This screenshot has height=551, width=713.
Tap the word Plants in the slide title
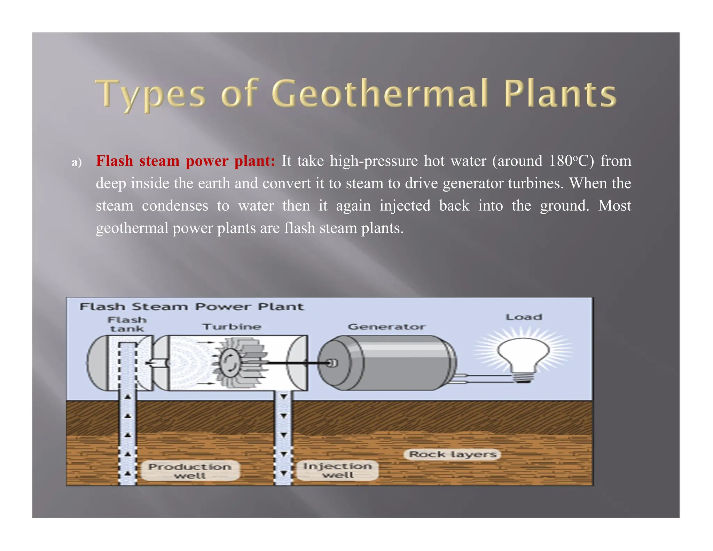[560, 93]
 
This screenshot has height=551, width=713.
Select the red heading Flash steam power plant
[185, 161]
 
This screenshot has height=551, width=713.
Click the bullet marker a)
[77, 162]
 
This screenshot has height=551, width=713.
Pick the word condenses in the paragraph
[175, 205]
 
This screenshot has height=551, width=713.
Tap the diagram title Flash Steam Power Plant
[191, 307]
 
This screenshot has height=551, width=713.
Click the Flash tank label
[127, 324]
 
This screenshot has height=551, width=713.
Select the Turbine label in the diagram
[232, 327]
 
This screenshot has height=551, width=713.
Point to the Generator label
[386, 327]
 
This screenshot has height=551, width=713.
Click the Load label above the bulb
[524, 317]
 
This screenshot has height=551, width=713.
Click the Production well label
[190, 471]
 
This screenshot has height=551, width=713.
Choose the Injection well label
[337, 470]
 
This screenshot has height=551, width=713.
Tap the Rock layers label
[453, 454]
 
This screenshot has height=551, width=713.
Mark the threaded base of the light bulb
[523, 378]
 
